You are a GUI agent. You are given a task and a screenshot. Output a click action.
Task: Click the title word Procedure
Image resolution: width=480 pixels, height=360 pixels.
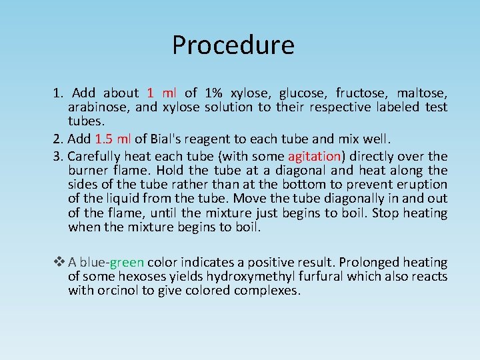click(x=233, y=45)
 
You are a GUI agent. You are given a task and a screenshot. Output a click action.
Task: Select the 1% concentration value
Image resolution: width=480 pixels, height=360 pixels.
click(x=214, y=93)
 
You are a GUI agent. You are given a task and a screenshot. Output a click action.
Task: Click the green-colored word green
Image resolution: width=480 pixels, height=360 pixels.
click(x=127, y=263)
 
